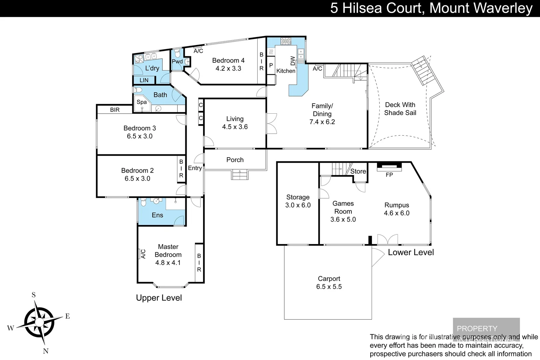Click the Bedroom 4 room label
[x=228, y=61]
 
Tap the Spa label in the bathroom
[x=142, y=102]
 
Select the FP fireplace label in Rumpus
[x=389, y=175]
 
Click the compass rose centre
[x=39, y=322]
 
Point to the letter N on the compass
[x=46, y=351]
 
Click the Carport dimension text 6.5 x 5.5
[x=329, y=287]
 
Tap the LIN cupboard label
[x=144, y=80]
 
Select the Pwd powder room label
[x=177, y=61]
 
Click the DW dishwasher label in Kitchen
[x=293, y=61]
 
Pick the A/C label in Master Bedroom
[x=143, y=254]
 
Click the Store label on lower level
[x=358, y=171]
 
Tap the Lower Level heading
[x=411, y=252]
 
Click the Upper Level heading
[x=159, y=298]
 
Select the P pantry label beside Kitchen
[x=271, y=66]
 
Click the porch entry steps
[x=240, y=175]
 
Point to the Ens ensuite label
[x=157, y=215]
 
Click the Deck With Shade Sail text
[x=400, y=109]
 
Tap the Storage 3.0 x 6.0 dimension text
[x=298, y=205]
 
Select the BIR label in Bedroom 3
[x=115, y=110]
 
